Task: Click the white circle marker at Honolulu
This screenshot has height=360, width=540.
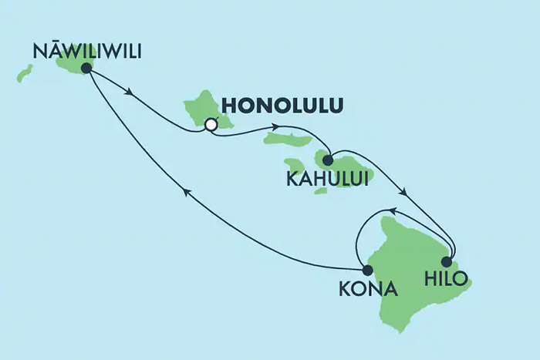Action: (211, 123)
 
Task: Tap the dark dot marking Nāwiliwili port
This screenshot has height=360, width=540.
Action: (86, 68)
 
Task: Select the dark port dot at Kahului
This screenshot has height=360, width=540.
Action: (328, 161)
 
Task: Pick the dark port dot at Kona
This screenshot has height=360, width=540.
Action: (367, 270)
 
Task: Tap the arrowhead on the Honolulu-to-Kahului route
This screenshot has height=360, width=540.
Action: (275, 128)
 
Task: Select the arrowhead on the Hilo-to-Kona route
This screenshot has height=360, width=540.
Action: (391, 210)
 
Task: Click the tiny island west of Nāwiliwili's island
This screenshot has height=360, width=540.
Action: (25, 74)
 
